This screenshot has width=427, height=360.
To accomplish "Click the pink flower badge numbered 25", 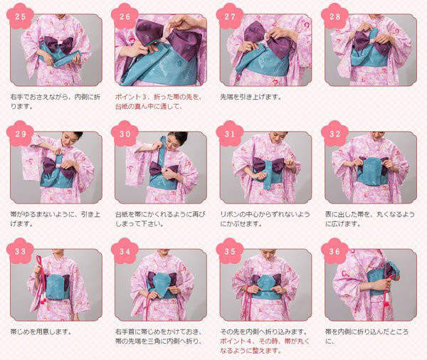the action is click(x=21, y=16).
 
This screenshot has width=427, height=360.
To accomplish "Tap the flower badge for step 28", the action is click(x=335, y=16).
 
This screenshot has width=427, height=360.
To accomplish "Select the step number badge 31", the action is click(x=230, y=134).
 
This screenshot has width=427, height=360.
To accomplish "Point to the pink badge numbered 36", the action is click(x=335, y=251).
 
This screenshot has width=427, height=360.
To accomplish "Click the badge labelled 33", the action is click(x=21, y=251).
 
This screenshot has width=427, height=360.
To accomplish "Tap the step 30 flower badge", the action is click(x=125, y=134).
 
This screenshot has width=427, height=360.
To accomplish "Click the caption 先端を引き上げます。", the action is click(x=251, y=97).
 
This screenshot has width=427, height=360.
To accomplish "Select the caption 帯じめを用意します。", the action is click(x=41, y=332).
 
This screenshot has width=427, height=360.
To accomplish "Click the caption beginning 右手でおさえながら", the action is click(x=56, y=101).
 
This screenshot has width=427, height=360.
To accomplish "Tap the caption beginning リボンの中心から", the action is click(x=265, y=219).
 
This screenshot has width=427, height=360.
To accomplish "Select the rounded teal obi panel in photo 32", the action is click(x=372, y=171).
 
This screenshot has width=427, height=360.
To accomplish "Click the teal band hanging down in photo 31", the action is click(x=266, y=175).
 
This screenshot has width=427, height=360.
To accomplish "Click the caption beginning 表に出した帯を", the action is click(x=370, y=219).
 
